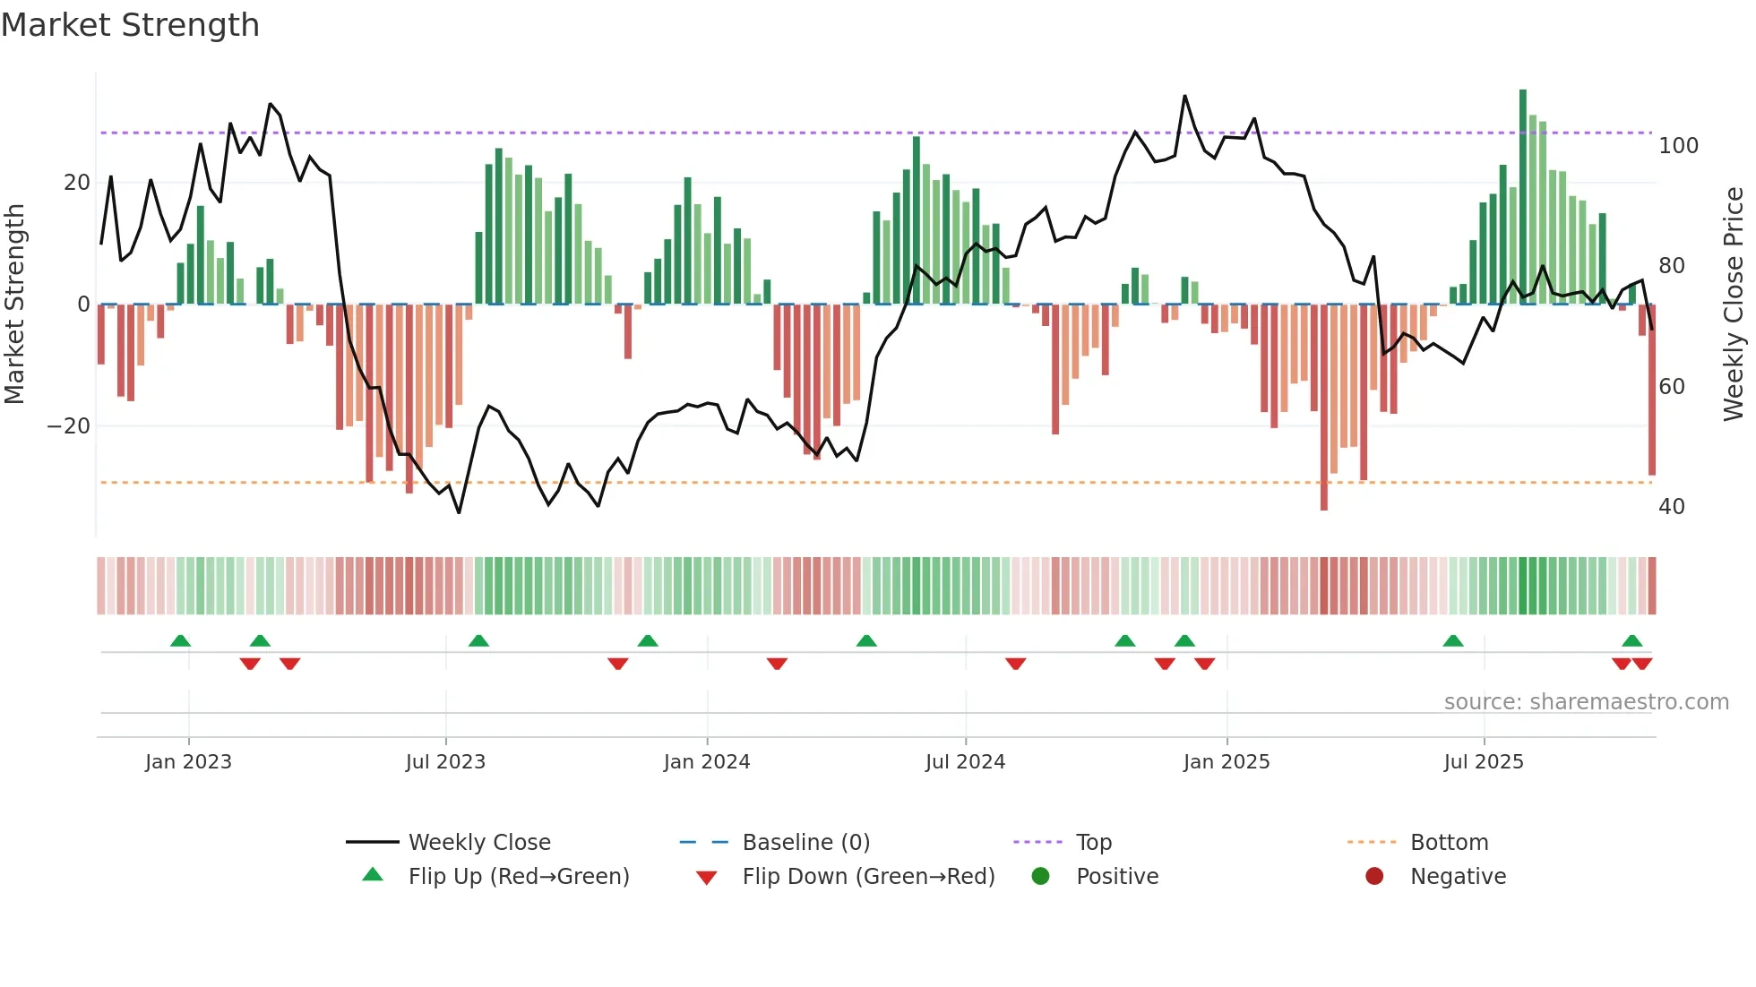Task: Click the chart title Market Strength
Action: point(130,25)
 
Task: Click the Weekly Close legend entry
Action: point(478,842)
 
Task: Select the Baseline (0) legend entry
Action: point(805,842)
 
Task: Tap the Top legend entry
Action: point(1093,842)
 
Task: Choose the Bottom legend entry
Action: point(1449,842)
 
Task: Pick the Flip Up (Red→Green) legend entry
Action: point(518,876)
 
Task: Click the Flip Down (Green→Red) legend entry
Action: point(867,876)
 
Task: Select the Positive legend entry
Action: point(1116,876)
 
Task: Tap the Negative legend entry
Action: point(1458,876)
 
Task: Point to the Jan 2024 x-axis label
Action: point(706,762)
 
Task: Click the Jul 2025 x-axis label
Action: point(1483,762)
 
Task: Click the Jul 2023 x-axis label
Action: point(445,762)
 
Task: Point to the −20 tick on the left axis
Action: point(69,426)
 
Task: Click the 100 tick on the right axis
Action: point(1678,146)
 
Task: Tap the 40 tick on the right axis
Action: point(1672,507)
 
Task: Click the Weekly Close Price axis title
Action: point(1734,305)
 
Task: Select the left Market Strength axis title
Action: point(15,305)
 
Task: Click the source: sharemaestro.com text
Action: point(1586,702)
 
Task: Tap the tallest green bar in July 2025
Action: point(1523,197)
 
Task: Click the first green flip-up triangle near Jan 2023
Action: point(180,640)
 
